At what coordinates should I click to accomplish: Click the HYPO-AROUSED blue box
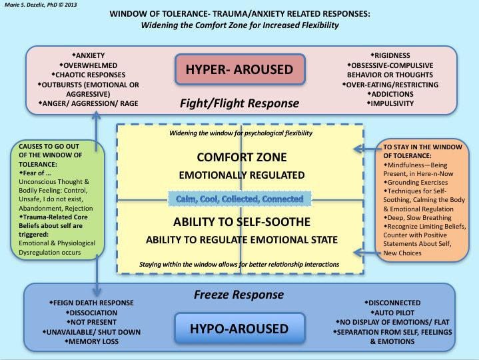coord(240,328)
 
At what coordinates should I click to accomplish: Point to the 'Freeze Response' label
coord(239,294)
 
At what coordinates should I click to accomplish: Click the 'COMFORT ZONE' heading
coord(240,158)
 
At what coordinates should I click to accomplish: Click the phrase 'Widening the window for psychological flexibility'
coord(240,133)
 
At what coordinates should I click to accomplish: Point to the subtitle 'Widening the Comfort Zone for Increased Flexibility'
coord(240,25)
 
